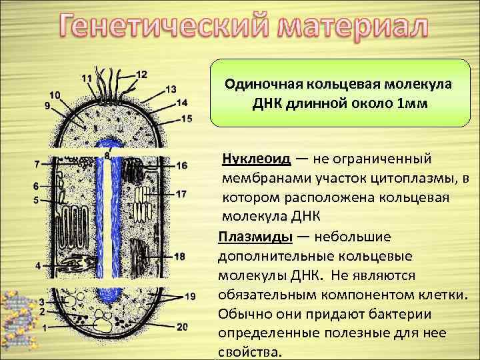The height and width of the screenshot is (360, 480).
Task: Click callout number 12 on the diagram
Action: pos(142,74)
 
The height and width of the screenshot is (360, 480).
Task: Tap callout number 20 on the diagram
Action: pos(183,326)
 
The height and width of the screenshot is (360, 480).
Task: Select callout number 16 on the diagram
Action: pos(182,165)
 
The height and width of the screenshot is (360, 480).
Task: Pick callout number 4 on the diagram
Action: pos(39,265)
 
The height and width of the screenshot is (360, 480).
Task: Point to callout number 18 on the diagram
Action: pos(179,257)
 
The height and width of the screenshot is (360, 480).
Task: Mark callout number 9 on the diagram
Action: pos(48,105)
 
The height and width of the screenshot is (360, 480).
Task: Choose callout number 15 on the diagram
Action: pos(186,118)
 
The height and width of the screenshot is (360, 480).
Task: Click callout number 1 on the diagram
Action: pos(44,329)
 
